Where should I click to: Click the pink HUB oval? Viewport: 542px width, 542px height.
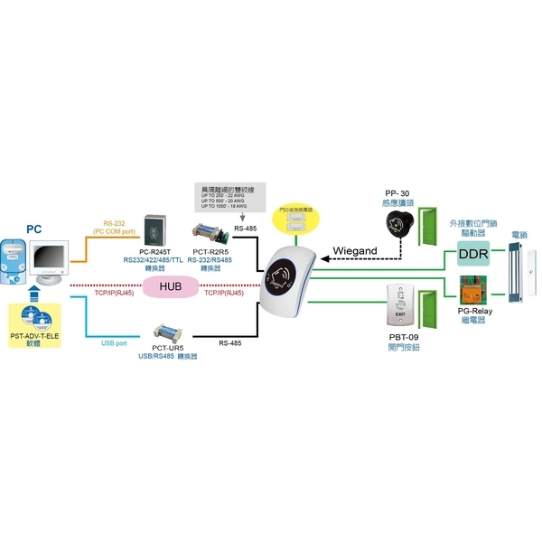(x=172, y=286)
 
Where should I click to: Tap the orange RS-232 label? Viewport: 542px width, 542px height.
(x=114, y=222)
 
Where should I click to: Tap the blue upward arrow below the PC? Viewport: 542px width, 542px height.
(x=33, y=293)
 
